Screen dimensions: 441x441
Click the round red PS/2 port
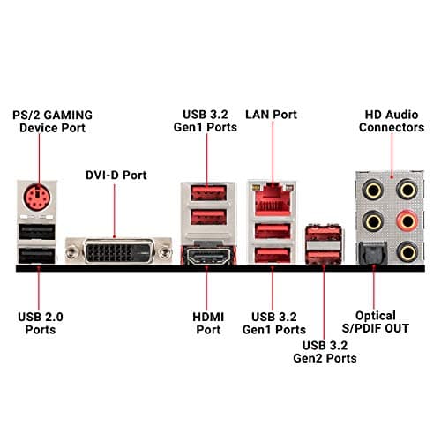[36, 197]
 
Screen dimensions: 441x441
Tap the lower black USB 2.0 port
[37, 255]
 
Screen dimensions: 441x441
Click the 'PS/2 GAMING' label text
[53, 115]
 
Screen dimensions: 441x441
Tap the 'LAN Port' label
[272, 115]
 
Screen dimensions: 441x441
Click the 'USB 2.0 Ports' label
[40, 322]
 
